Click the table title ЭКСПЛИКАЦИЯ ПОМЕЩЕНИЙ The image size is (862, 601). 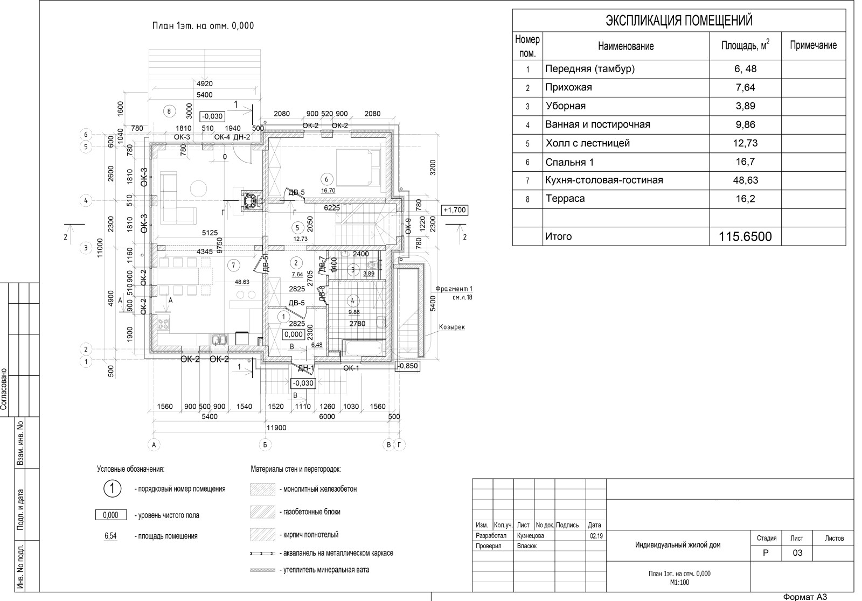tap(679, 21)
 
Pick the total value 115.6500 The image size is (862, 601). tap(745, 236)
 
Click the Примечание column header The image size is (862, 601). tap(813, 46)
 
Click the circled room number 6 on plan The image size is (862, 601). tap(326, 179)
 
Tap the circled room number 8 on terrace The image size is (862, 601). tap(169, 111)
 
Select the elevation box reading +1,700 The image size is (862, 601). tap(454, 210)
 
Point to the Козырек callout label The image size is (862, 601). tap(451, 327)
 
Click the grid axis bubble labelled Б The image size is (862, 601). tap(264, 445)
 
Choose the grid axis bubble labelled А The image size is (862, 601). tap(154, 445)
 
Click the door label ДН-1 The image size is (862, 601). tap(305, 368)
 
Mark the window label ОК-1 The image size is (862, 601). tap(351, 368)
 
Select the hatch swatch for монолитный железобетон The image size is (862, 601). tap(262, 489)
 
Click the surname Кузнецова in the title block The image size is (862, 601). tap(530, 536)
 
